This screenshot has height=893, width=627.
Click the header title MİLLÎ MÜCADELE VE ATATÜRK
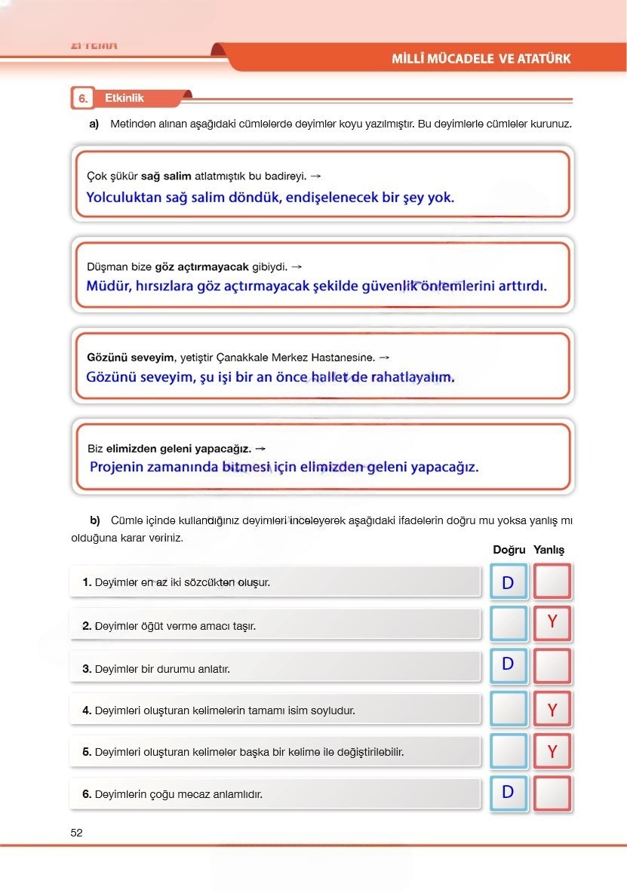coord(481,58)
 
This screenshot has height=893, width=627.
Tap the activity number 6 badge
coord(82,99)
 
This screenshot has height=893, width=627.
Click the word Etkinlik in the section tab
coord(124,98)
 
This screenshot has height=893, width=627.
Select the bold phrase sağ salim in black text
coord(166,176)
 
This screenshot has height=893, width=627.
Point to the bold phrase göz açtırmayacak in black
coord(201,266)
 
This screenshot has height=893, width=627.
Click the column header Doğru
coord(509,550)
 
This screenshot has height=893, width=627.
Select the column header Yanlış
coord(549,550)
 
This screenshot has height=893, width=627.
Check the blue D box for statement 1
coord(508,582)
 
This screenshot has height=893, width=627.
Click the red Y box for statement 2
coord(552,623)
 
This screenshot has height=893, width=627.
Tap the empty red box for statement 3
coord(552,665)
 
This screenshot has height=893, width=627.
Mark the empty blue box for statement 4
coord(508,709)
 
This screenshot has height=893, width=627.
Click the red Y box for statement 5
coord(552,751)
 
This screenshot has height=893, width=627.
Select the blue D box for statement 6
coord(508,793)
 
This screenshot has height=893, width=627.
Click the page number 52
coord(76,833)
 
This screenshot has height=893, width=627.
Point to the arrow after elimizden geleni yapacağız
coord(260,448)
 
